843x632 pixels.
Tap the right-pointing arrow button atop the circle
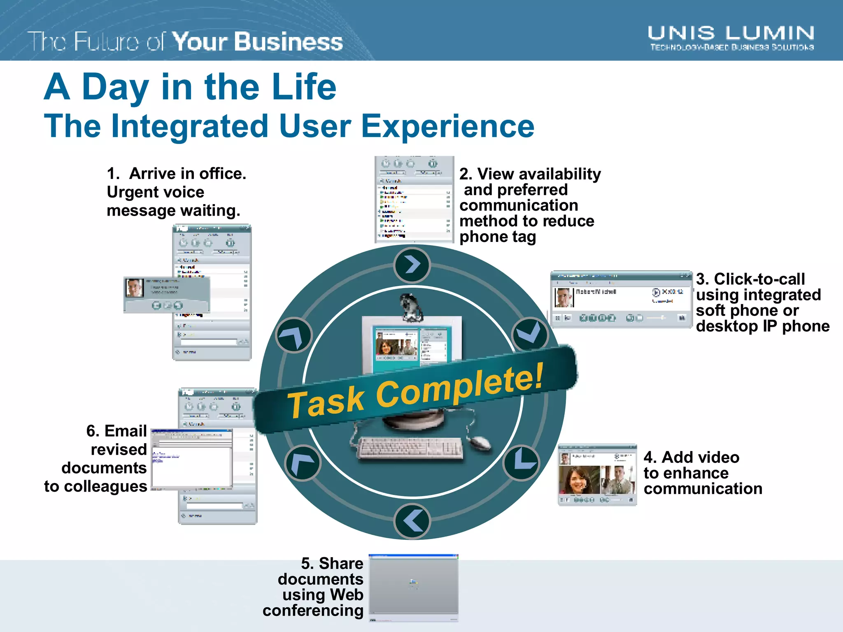click(412, 265)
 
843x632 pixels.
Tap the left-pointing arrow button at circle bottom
click(412, 521)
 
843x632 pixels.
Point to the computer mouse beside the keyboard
click(480, 443)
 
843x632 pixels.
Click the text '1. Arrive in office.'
click(176, 174)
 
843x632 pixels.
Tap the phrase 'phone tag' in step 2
click(497, 237)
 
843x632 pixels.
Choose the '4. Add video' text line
click(692, 457)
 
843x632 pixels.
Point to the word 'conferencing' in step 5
click(313, 611)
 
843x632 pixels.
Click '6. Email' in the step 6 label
click(116, 431)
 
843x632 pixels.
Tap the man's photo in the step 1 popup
click(134, 288)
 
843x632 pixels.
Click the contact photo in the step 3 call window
click(563, 297)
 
